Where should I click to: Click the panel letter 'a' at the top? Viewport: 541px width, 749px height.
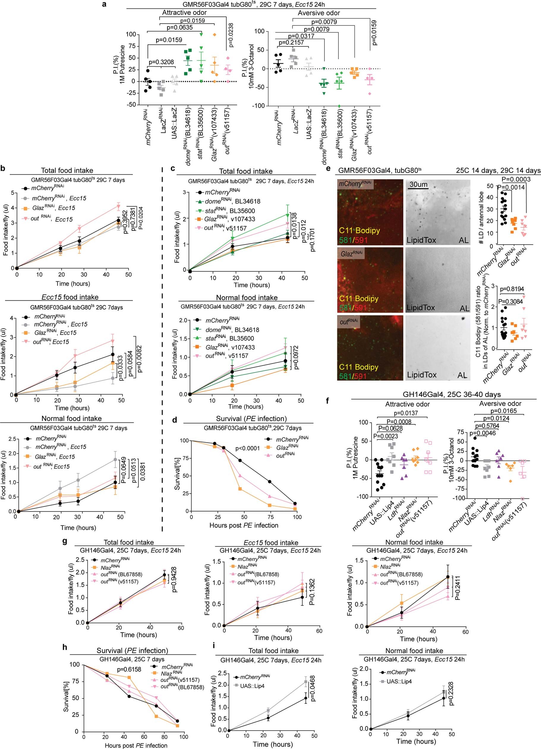[104, 5]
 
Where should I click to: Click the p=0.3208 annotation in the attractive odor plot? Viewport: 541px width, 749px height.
[162, 62]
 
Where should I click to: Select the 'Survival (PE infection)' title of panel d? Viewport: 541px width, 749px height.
[251, 419]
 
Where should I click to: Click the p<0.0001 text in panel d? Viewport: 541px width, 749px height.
[247, 448]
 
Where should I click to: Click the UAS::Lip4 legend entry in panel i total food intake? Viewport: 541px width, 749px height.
[252, 686]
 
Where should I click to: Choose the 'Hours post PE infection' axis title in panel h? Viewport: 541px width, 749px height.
[136, 745]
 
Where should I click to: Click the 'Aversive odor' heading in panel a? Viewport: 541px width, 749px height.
[319, 13]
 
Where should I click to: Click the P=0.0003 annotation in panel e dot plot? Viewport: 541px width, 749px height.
[516, 179]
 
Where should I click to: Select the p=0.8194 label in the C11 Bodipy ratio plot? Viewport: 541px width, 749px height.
[512, 289]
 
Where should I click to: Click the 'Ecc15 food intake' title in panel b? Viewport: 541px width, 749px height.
[70, 297]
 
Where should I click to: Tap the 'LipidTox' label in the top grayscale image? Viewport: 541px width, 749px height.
[421, 240]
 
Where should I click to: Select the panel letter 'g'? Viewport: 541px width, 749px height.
[65, 541]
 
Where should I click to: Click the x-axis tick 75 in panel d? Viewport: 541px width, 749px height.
[270, 517]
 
